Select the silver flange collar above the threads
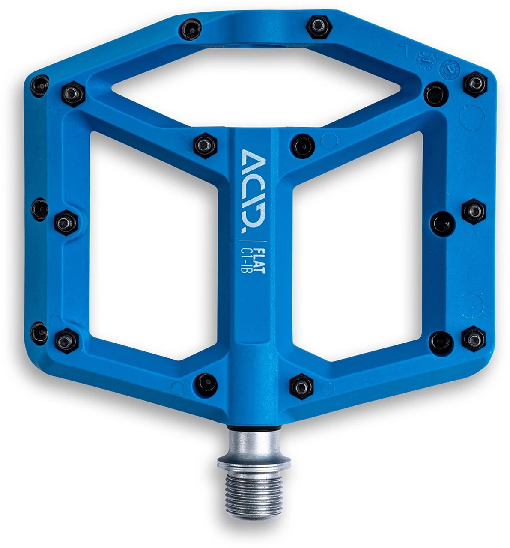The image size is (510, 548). (254, 462)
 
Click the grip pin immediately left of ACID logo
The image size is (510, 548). (205, 145)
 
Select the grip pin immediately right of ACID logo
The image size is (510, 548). (302, 146)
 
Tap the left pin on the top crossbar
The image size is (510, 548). (188, 28)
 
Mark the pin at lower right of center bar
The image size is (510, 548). (302, 387)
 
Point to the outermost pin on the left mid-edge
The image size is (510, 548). (40, 209)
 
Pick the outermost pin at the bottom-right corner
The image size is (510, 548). (474, 338)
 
